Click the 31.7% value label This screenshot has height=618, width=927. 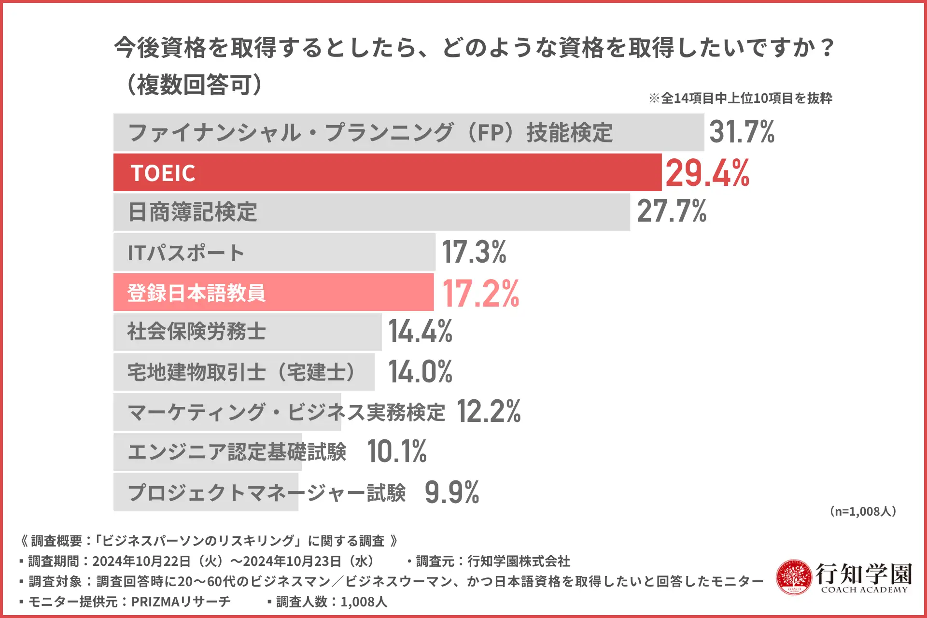click(x=742, y=132)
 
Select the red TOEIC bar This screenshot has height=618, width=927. click(x=386, y=173)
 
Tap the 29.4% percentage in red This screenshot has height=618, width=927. click(x=707, y=173)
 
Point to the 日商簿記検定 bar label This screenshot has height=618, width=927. click(x=192, y=212)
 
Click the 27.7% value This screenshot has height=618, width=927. click(x=672, y=211)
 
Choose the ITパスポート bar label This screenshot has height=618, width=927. click(x=186, y=253)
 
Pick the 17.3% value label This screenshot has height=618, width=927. click(x=474, y=252)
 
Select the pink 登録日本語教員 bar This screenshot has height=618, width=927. click(x=273, y=293)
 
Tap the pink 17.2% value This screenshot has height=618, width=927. click(x=480, y=293)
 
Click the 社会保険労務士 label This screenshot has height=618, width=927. click(x=197, y=332)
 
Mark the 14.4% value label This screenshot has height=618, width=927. click(x=420, y=332)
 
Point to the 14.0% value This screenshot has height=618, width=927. click(x=420, y=372)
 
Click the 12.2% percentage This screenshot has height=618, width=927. click(x=488, y=411)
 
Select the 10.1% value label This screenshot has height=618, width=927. click(x=397, y=451)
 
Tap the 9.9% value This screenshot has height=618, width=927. click(x=452, y=492)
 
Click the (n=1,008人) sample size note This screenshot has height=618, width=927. click(x=863, y=511)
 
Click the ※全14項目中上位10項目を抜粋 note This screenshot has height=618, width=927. click(x=741, y=98)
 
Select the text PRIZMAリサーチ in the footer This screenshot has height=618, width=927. click(x=181, y=602)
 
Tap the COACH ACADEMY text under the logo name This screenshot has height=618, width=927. click(x=864, y=590)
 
